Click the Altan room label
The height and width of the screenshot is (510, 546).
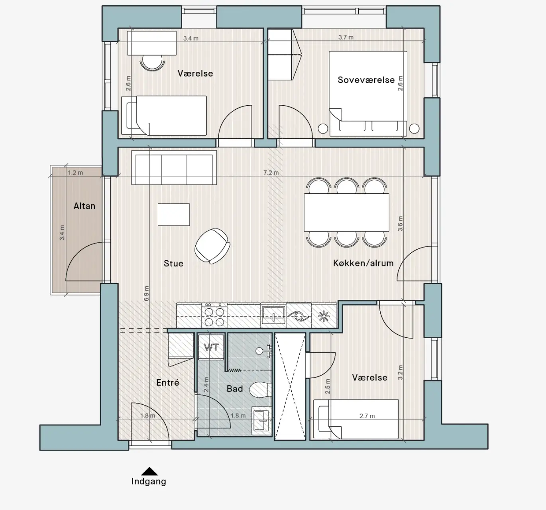click(84, 206)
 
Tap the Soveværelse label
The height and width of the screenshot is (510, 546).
click(366, 80)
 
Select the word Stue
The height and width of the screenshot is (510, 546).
click(173, 264)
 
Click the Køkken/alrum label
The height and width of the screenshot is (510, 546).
click(363, 263)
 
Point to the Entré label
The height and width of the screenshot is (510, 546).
click(168, 382)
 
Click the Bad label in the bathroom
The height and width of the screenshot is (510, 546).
click(235, 389)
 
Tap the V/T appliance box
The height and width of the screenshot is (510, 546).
click(211, 347)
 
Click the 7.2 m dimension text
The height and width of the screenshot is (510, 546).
click(271, 173)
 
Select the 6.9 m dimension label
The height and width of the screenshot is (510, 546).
click(146, 293)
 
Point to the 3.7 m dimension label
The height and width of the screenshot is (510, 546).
click(346, 37)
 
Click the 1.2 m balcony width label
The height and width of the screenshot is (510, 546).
click(75, 173)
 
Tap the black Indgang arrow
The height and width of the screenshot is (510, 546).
click(149, 471)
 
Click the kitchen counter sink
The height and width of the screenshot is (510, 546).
click(273, 315)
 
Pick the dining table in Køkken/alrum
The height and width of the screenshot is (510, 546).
click(346, 213)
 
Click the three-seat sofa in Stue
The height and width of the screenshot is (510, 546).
click(174, 167)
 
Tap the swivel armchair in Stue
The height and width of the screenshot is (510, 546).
click(212, 246)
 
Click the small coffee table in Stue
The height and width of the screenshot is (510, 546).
click(174, 215)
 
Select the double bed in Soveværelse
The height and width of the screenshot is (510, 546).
click(368, 94)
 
